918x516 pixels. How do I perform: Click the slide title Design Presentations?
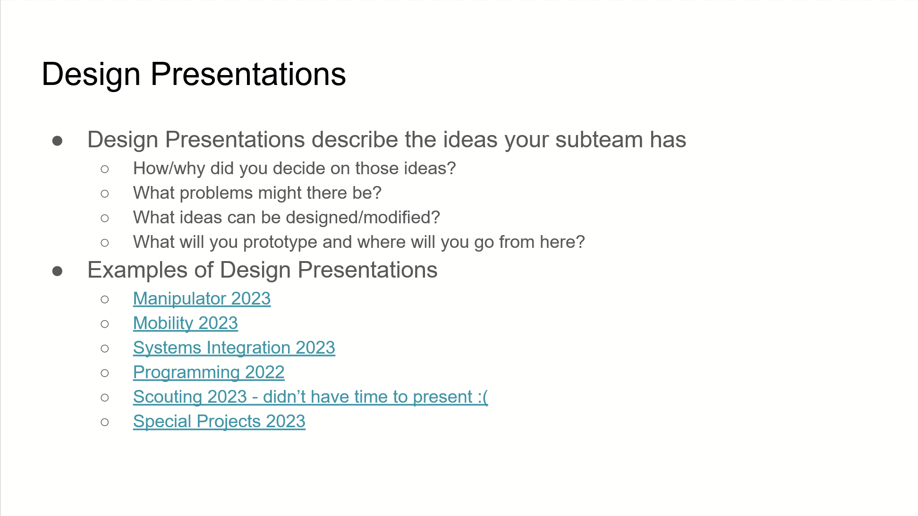click(194, 75)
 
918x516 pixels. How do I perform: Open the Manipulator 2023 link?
click(202, 298)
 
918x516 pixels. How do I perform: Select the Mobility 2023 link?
click(185, 323)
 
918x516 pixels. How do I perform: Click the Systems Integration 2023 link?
click(234, 347)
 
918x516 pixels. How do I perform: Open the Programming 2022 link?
click(209, 372)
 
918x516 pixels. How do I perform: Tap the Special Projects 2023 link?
click(219, 421)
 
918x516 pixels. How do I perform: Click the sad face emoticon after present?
click(483, 397)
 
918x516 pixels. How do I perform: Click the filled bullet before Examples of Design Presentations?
click(58, 271)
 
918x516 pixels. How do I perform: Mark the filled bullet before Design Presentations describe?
click(58, 141)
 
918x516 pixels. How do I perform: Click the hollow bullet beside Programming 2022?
click(105, 373)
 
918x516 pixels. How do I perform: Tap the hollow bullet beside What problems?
click(105, 194)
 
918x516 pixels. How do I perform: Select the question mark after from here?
click(580, 242)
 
